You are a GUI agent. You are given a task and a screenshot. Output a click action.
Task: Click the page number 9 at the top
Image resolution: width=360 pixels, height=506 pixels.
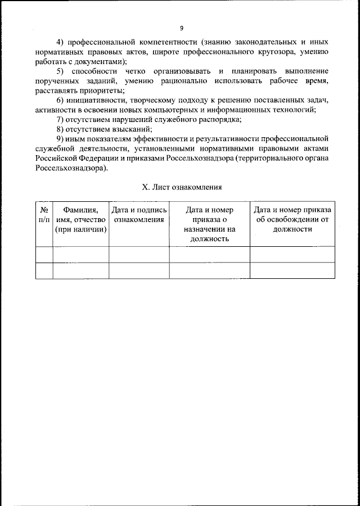coord(182,28)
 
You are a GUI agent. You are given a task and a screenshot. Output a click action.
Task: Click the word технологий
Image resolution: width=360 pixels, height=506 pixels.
coord(294,110)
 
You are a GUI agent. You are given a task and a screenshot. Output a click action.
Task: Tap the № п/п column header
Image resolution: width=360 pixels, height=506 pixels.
coord(44,215)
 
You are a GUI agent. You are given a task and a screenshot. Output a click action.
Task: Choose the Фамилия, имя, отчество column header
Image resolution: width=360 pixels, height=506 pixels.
coord(81,219)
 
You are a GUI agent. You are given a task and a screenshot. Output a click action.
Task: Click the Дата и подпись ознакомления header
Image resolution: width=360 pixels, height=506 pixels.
coord(139,215)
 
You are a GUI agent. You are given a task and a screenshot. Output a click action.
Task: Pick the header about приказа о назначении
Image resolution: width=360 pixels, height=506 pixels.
coord(209,224)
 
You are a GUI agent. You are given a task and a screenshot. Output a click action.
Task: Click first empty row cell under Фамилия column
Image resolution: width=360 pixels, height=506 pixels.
coord(81,254)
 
